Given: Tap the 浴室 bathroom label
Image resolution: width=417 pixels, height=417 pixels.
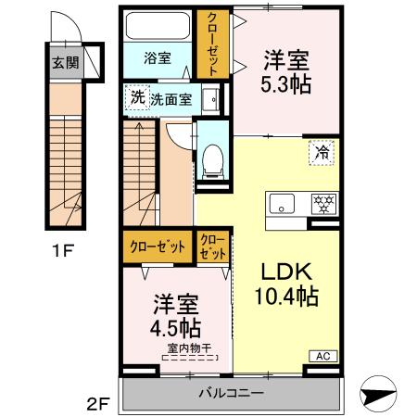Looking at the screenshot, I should pos(157,57).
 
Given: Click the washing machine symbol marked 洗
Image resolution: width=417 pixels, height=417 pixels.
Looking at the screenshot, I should pos(137,97).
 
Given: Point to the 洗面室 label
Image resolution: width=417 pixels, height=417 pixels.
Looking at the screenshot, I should pos(171,99).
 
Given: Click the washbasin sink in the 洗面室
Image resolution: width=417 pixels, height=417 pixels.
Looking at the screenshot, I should pos(209,98).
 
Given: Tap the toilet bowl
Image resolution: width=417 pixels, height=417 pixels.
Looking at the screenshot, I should pos(213,158).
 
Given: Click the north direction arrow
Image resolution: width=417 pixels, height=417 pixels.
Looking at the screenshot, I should pos(382,394).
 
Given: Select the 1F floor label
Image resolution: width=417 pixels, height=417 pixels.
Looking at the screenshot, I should pos(62,250).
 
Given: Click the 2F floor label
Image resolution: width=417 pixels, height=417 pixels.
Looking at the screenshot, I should pos(99,404).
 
